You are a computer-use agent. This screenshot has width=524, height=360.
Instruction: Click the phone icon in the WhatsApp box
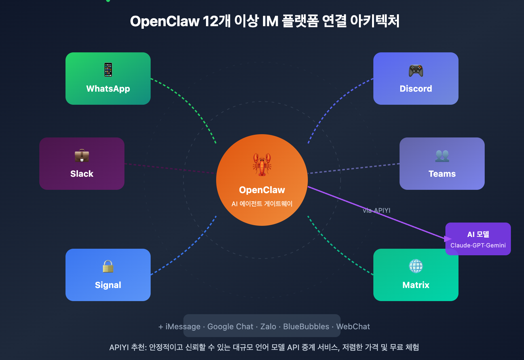point(108,70)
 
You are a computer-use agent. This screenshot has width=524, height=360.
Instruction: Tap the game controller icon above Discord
point(416,70)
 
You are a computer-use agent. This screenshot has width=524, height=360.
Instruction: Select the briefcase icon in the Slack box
point(82,156)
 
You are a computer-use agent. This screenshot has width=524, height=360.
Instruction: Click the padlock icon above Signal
point(108,266)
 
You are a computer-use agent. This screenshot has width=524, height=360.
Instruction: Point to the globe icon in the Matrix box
point(416,266)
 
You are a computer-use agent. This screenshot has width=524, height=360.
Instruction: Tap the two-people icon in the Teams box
point(442,156)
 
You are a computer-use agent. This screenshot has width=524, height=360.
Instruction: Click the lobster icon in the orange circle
point(262,164)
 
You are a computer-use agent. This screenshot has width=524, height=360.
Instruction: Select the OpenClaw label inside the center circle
point(262,190)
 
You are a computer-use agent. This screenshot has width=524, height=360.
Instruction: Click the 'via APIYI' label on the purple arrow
point(377,210)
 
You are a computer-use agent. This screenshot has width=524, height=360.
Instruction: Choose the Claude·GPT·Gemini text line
point(478,245)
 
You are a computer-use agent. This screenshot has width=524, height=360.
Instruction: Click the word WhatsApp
point(108,89)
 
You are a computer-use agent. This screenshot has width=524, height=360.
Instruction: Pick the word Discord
point(416,89)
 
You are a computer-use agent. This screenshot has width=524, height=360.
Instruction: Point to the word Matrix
point(416,285)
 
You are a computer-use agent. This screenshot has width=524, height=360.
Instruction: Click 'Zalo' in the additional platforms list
point(268,327)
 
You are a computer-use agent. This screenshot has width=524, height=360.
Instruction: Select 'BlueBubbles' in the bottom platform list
point(306,327)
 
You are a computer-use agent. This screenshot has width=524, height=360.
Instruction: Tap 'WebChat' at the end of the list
point(353,327)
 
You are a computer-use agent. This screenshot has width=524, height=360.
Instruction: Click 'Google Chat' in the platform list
point(230,327)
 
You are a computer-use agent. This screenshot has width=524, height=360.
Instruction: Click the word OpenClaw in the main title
point(164,22)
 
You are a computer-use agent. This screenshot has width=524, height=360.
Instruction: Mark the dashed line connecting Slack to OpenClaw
point(170,169)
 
